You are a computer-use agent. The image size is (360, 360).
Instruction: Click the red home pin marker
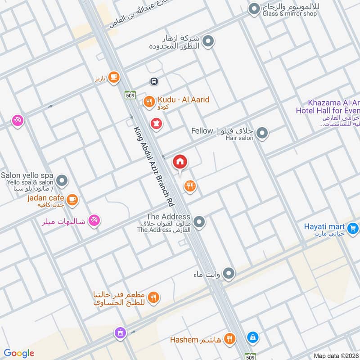[x=180, y=162]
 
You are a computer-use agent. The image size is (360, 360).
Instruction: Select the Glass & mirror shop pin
[x=255, y=8]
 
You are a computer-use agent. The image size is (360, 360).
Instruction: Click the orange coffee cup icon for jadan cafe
[x=72, y=198]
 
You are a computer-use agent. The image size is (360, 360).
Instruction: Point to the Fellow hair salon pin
[x=262, y=133]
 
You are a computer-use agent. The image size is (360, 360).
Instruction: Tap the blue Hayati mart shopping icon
[x=353, y=229]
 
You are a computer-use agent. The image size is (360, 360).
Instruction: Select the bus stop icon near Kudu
[x=154, y=81]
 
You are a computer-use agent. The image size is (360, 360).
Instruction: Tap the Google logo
[x=19, y=353]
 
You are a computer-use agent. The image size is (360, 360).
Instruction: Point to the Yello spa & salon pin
[x=63, y=181]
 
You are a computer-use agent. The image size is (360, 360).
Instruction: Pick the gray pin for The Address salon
[x=199, y=221]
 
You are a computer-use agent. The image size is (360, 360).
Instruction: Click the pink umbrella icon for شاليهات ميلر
[x=94, y=220]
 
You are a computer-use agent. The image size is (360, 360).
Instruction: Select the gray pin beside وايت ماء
[x=229, y=273]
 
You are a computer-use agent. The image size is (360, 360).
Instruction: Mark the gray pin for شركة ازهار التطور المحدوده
[x=208, y=42]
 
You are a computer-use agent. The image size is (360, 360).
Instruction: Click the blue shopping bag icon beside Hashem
[x=253, y=337]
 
